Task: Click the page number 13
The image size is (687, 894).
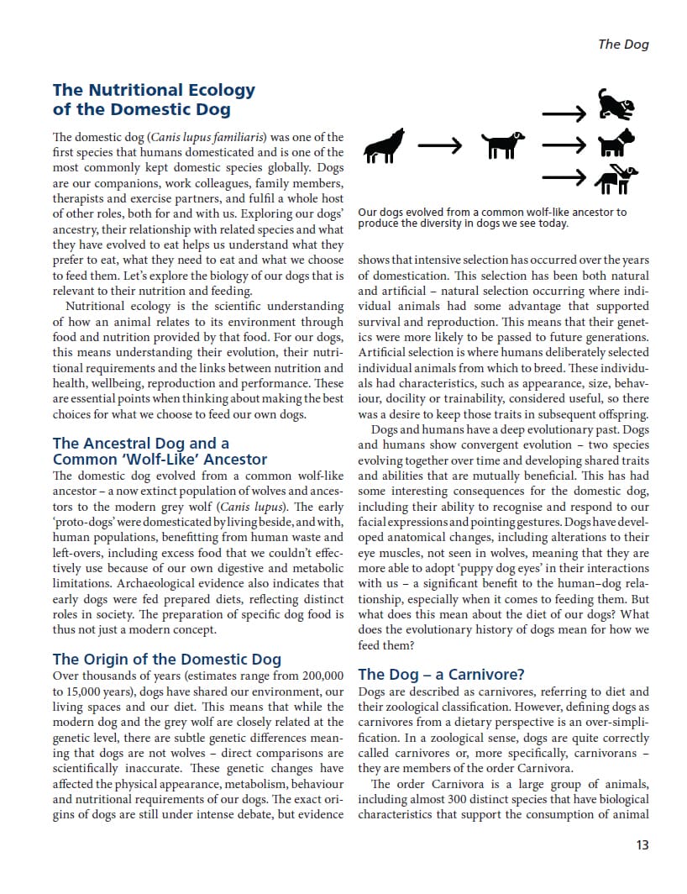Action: coord(642,845)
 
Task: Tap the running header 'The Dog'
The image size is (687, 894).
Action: coord(623,45)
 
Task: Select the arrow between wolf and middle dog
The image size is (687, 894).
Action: coord(440,145)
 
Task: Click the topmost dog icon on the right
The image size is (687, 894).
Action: coord(616,106)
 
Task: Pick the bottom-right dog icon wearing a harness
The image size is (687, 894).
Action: coord(616,178)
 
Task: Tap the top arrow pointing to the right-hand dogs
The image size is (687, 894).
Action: coord(563,113)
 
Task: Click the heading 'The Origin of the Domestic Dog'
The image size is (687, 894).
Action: coord(167,659)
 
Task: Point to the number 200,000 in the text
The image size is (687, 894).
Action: coord(321,675)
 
